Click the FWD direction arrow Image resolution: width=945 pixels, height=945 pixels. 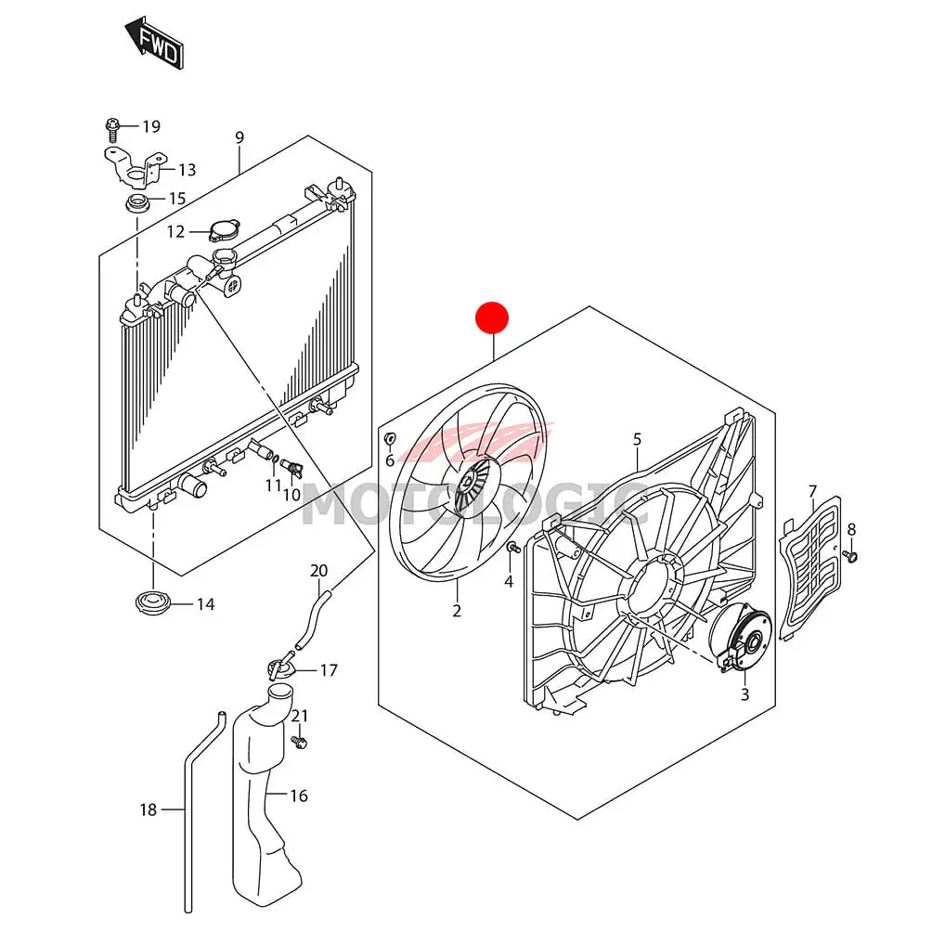(155, 42)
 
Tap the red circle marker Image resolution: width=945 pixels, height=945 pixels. (492, 318)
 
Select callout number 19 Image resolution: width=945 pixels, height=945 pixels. (151, 126)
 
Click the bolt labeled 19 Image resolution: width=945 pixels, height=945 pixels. (112, 124)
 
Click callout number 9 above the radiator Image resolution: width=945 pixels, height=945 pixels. (239, 138)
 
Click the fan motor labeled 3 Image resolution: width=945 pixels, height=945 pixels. (740, 638)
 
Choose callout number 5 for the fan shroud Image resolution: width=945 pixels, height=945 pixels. (638, 438)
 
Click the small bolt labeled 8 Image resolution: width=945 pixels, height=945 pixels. (852, 556)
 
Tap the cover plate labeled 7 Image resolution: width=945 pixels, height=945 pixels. (809, 566)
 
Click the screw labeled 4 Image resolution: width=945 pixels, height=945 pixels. (511, 550)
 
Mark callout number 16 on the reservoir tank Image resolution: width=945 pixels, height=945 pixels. (299, 796)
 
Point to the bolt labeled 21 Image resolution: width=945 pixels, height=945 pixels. (300, 742)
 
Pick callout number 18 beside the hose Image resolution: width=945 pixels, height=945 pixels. (149, 809)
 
